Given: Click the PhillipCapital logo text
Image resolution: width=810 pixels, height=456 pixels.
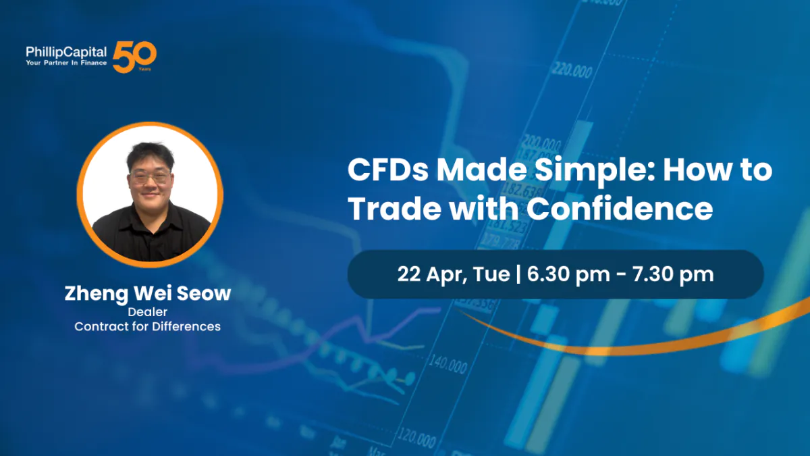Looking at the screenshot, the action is (x=66, y=53).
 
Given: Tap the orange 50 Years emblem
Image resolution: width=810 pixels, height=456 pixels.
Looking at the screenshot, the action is (x=134, y=57).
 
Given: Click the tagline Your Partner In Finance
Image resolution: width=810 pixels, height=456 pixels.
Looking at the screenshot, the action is (x=66, y=63).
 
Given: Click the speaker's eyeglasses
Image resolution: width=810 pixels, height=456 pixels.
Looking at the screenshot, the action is (x=150, y=177).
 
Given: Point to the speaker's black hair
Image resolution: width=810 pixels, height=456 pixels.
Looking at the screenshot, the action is (x=150, y=155).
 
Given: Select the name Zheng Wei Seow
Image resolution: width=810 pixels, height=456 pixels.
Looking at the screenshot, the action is (x=148, y=293).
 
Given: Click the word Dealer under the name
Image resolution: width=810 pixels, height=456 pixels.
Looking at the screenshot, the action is (x=148, y=312).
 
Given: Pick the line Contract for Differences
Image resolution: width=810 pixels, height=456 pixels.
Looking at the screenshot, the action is (x=148, y=326).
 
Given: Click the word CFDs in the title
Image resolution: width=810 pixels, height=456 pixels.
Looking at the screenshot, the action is (x=388, y=170).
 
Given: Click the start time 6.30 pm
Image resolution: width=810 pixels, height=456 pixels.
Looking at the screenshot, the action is (x=568, y=274).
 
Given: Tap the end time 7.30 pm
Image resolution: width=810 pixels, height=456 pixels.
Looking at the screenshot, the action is (x=674, y=274).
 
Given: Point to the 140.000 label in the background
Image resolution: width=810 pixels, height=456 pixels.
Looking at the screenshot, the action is (x=448, y=365).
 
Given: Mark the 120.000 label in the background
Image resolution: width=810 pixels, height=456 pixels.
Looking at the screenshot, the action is (x=416, y=438).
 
